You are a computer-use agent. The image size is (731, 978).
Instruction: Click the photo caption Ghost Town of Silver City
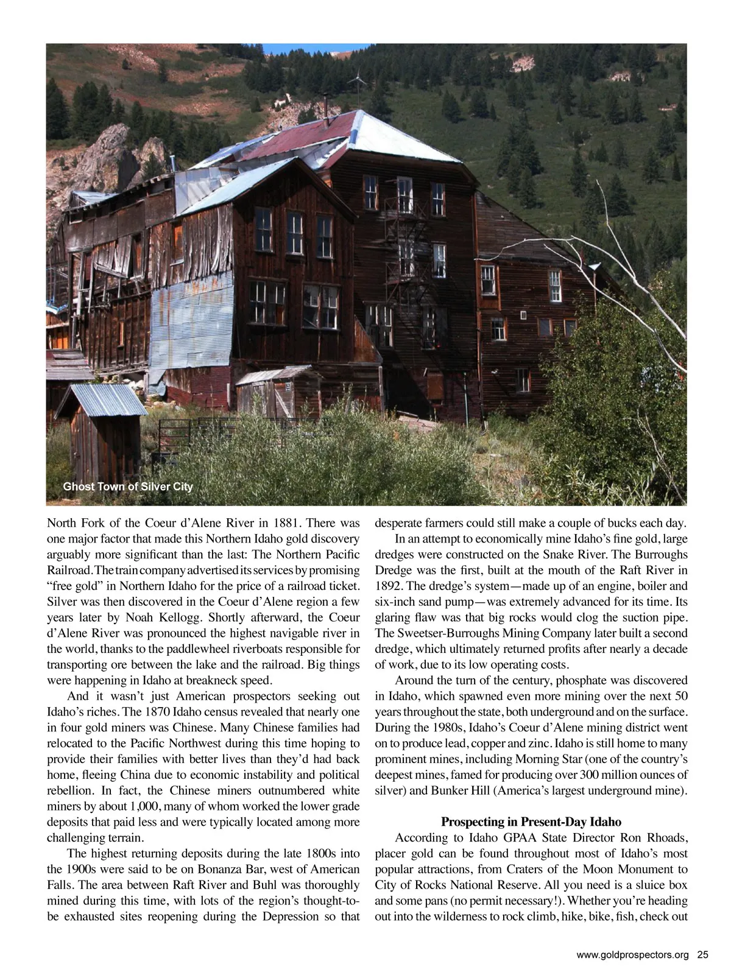(x=128, y=487)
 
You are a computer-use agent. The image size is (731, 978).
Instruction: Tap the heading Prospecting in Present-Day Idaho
(x=531, y=822)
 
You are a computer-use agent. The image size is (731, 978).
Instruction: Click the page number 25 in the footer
(x=703, y=955)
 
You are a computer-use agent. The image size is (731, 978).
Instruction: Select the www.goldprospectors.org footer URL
(x=632, y=955)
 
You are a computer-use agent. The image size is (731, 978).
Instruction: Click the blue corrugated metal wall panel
(x=191, y=323)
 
